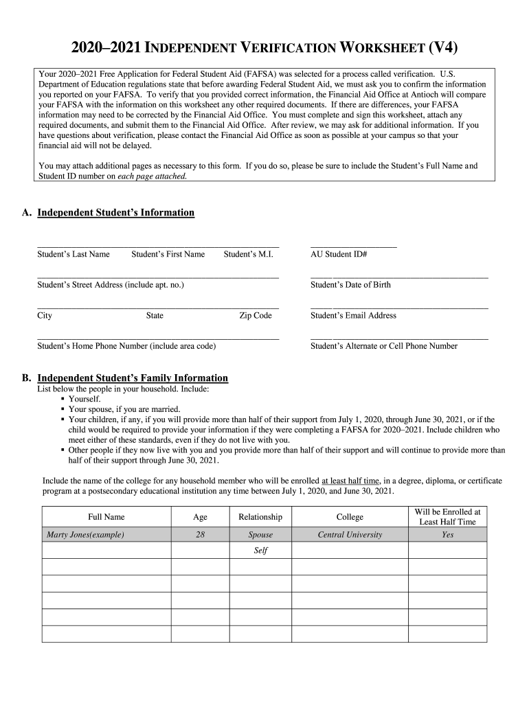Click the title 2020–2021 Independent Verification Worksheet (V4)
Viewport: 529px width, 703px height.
tap(264, 47)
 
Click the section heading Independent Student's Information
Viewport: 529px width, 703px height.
tap(115, 213)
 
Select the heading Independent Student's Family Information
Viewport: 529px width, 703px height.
tap(132, 378)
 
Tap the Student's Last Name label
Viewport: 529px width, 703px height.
tap(74, 255)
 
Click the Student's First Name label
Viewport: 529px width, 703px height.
tap(168, 255)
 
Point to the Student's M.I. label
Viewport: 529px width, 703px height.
tap(248, 255)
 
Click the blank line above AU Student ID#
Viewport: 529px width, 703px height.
tap(353, 246)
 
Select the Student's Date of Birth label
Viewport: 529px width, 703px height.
tap(350, 285)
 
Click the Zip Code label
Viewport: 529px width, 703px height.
tap(255, 316)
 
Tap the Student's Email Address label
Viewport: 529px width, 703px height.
tap(353, 316)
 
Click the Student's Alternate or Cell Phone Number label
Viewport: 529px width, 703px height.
tap(383, 346)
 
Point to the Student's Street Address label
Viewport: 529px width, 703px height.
tap(111, 285)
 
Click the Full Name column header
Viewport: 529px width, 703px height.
tap(106, 517)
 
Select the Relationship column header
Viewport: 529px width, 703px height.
tap(260, 517)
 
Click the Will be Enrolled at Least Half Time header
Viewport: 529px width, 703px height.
tap(447, 517)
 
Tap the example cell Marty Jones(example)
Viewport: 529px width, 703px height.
tap(85, 535)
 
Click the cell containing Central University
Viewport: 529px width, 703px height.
tap(350, 535)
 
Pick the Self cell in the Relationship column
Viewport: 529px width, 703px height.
tap(260, 551)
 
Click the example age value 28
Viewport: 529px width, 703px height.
tap(200, 535)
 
